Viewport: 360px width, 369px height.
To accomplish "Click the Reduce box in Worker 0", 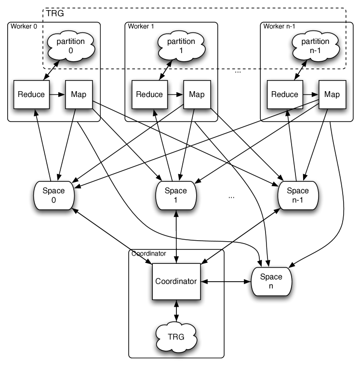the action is [x=31, y=95].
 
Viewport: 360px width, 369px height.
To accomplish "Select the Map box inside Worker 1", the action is [x=197, y=95].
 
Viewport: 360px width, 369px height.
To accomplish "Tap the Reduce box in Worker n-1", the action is [x=285, y=95].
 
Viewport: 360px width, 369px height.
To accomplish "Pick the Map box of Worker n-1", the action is [x=332, y=95].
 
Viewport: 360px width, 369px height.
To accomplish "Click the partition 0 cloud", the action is [x=71, y=46].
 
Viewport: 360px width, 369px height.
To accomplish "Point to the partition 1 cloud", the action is [x=181, y=46].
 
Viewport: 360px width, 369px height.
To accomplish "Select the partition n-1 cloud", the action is [x=315, y=46].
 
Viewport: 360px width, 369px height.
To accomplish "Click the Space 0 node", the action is [x=54, y=195].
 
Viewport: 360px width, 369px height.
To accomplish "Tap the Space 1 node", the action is [x=176, y=195].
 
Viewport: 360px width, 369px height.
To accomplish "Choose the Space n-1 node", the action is [x=298, y=195].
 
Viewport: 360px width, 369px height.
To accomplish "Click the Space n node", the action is [x=271, y=282].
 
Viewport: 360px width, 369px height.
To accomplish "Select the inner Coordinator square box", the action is [x=176, y=282].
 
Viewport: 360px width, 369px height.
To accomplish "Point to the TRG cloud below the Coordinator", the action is [x=176, y=337].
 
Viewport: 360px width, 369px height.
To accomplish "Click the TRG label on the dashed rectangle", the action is [x=55, y=13].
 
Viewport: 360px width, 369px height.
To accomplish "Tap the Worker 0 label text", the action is [x=24, y=27].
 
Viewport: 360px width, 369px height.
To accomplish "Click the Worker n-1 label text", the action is [x=279, y=27].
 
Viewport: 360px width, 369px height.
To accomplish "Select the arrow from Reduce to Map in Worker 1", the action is [x=175, y=95].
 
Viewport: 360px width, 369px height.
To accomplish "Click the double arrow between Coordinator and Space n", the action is [x=226, y=282].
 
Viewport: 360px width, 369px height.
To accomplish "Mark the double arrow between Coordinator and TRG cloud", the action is [x=176, y=311].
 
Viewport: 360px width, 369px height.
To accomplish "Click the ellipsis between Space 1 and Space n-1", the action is [x=231, y=198].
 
